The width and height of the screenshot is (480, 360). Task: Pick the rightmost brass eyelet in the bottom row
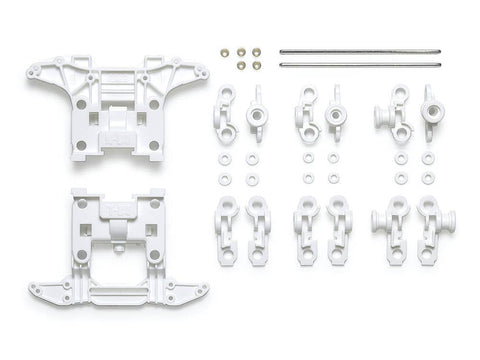(x=257, y=65)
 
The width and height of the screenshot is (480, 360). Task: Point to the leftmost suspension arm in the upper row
(x=223, y=113)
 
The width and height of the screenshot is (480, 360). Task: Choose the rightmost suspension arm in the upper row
(x=432, y=113)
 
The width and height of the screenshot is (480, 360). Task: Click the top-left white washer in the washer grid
(x=223, y=158)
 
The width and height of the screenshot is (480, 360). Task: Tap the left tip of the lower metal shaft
(x=281, y=64)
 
